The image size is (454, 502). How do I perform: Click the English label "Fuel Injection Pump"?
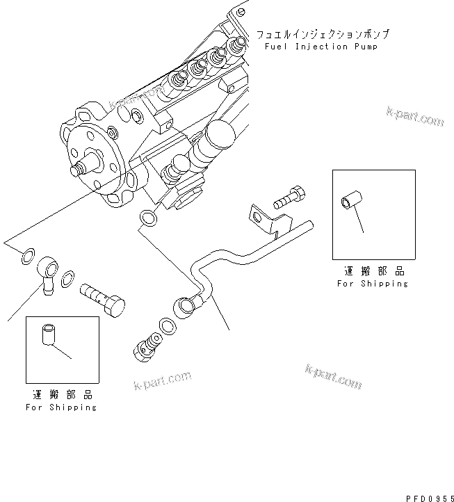coord(321,47)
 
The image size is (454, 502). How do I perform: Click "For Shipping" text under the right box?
coord(373,284)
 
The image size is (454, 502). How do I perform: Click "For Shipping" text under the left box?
coord(61,407)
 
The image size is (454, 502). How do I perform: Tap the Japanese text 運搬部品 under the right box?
coord(373,271)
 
